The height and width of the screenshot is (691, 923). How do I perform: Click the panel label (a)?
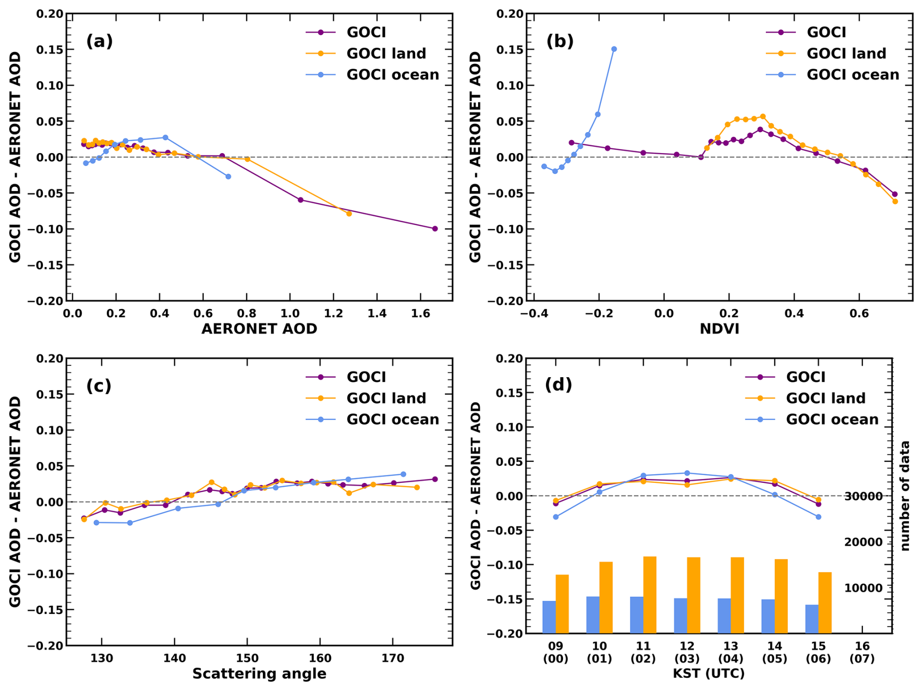tap(100, 41)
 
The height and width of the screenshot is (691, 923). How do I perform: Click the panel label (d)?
tap(558, 385)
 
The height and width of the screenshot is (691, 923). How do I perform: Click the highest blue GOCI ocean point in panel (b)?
tap(614, 49)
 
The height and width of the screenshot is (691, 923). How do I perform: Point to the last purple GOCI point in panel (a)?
tap(435, 229)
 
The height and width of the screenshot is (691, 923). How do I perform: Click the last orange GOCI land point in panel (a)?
tap(349, 213)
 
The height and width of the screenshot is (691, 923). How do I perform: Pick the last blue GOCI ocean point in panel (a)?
tap(228, 176)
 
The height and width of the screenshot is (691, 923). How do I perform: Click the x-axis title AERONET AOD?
tap(259, 329)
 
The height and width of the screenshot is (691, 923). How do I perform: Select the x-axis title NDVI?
tap(719, 329)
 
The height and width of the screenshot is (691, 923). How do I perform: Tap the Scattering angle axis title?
tap(259, 673)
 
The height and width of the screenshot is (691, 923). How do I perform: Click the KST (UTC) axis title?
tap(708, 673)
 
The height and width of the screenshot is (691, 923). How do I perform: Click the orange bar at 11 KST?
tap(650, 595)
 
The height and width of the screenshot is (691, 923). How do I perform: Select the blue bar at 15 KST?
tap(812, 619)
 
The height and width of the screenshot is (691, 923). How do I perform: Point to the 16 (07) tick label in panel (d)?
tap(862, 652)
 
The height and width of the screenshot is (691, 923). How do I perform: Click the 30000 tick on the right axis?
tap(863, 497)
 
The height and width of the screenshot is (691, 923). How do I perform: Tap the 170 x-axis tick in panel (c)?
tap(393, 658)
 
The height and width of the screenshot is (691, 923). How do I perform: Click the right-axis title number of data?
tap(905, 496)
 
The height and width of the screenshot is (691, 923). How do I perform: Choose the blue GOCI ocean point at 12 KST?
tap(687, 473)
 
